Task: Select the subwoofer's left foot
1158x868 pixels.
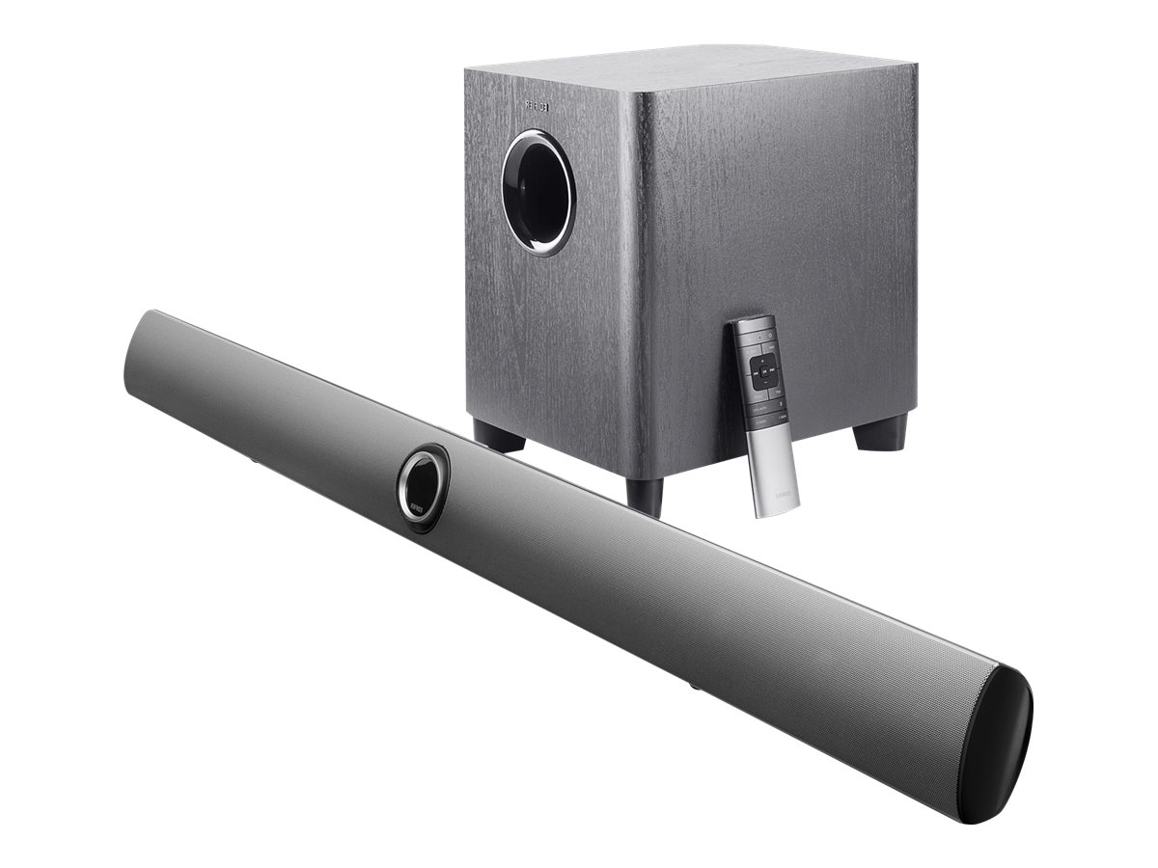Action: (499, 436)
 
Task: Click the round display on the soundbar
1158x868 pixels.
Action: (421, 485)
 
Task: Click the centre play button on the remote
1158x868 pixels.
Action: (761, 366)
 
